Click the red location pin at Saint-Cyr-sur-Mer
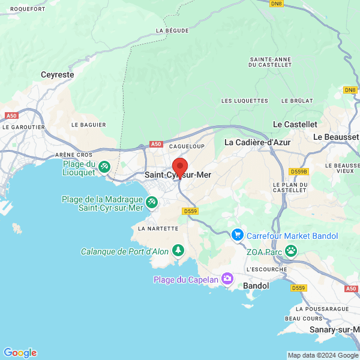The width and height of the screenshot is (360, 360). click(179, 167)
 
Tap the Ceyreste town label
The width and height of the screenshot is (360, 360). click(57, 75)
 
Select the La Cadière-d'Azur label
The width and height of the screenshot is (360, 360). click(257, 142)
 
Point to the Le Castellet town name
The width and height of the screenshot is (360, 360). click(295, 124)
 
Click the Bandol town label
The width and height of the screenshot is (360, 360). click(256, 286)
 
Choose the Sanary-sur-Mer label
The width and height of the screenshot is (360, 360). click(334, 329)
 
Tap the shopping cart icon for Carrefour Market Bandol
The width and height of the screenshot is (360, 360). click(238, 235)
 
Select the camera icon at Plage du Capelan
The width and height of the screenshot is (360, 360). click(227, 279)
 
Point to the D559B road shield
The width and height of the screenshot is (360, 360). click(298, 171)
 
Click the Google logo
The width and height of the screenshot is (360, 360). click(20, 353)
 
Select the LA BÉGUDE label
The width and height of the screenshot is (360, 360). click(172, 30)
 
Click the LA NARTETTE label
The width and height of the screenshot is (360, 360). click(158, 228)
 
